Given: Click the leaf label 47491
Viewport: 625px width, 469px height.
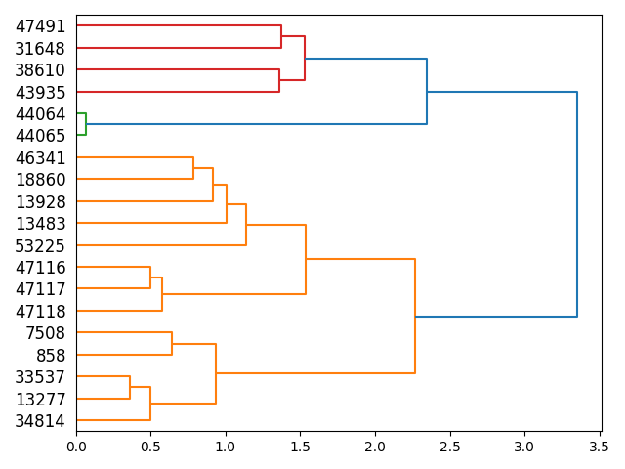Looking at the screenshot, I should tap(40, 26).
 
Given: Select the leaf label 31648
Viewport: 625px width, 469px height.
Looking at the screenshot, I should tap(40, 49).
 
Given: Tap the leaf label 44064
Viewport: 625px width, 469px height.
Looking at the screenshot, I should tap(40, 114).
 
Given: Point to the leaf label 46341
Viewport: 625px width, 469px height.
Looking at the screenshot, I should tap(40, 158).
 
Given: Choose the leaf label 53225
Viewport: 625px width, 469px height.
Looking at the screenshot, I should tap(40, 246).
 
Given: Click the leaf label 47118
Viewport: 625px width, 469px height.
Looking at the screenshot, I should tap(40, 312).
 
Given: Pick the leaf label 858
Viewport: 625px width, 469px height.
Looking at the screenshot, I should tap(51, 356).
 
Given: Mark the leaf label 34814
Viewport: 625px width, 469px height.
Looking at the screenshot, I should tap(40, 421).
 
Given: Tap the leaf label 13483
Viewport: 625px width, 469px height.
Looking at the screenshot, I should tap(40, 224).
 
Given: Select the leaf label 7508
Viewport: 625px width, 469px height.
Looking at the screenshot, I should tap(46, 333).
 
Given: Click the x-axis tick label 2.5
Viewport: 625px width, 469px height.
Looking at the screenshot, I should tap(449, 448).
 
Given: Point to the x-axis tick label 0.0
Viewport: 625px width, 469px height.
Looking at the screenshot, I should tap(76, 448).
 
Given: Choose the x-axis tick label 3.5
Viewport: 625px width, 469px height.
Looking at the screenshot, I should tap(599, 448).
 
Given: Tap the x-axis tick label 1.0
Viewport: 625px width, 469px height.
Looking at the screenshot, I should tap(226, 448).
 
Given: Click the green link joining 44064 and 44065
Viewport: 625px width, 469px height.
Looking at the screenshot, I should tap(86, 124).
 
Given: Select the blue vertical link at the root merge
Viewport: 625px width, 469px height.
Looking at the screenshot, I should tap(577, 204).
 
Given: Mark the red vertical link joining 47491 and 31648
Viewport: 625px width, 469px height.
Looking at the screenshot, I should tap(281, 37).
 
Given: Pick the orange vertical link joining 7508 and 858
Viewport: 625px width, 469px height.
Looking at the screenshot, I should tap(172, 344).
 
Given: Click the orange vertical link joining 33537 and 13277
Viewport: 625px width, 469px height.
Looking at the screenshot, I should tap(130, 388).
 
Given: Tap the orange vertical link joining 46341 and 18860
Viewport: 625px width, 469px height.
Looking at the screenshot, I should tap(193, 168).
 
